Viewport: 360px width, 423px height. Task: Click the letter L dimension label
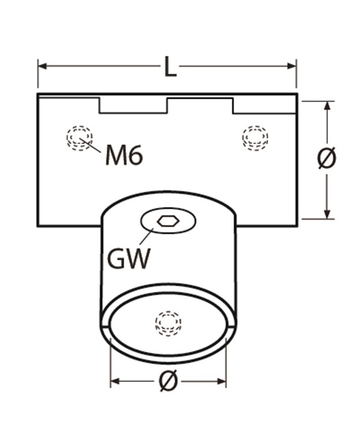[170, 67]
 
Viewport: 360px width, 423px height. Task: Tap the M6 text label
[124, 156]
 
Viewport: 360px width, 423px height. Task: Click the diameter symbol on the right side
[327, 159]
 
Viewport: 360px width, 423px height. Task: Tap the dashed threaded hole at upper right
[255, 136]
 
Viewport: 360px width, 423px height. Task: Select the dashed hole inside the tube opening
[168, 323]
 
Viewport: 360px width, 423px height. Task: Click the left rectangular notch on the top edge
[133, 105]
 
